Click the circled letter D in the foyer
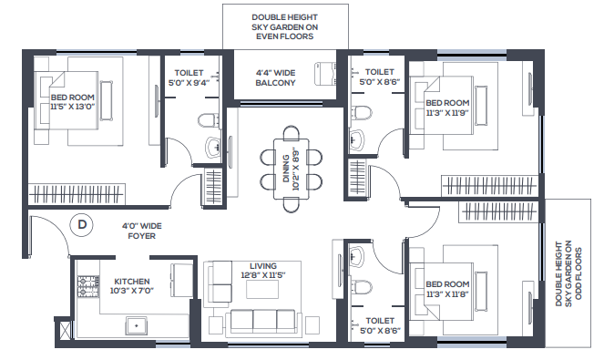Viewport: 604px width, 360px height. point(82,224)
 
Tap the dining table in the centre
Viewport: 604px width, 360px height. point(292,169)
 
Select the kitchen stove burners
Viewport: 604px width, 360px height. point(88,286)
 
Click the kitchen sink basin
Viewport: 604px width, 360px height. point(136,325)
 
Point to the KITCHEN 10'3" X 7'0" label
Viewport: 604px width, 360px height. point(132,286)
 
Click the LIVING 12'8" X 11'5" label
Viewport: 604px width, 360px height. point(263,270)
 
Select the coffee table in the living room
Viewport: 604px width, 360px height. point(262,289)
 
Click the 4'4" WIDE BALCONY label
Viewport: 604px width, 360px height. point(275,77)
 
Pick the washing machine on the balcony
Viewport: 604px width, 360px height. point(325,73)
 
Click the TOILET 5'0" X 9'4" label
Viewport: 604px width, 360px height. point(189,77)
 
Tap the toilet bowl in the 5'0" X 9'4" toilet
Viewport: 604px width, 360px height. point(209,120)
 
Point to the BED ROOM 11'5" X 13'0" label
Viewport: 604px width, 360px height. point(72,102)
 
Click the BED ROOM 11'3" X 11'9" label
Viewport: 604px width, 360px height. point(447,108)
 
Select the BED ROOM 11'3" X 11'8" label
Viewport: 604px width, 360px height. point(447,289)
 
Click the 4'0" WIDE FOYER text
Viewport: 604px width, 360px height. point(142,231)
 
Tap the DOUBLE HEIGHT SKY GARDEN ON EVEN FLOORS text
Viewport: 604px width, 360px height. point(284,27)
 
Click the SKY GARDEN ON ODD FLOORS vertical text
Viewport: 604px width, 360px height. point(568,273)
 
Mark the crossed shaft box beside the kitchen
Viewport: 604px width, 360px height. point(64,330)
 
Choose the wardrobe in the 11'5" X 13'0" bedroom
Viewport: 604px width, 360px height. point(77,194)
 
